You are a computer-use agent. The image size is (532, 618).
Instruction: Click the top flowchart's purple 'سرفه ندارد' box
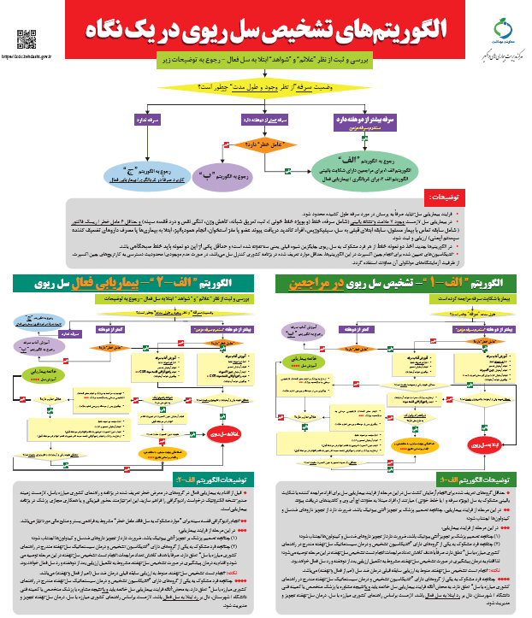[x=154, y=121]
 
